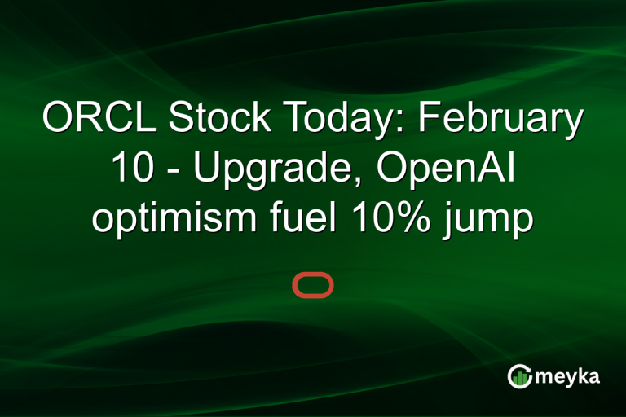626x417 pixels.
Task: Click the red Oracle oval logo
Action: pyautogui.click(x=313, y=285)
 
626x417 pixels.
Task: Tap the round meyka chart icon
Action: pyautogui.click(x=519, y=376)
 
